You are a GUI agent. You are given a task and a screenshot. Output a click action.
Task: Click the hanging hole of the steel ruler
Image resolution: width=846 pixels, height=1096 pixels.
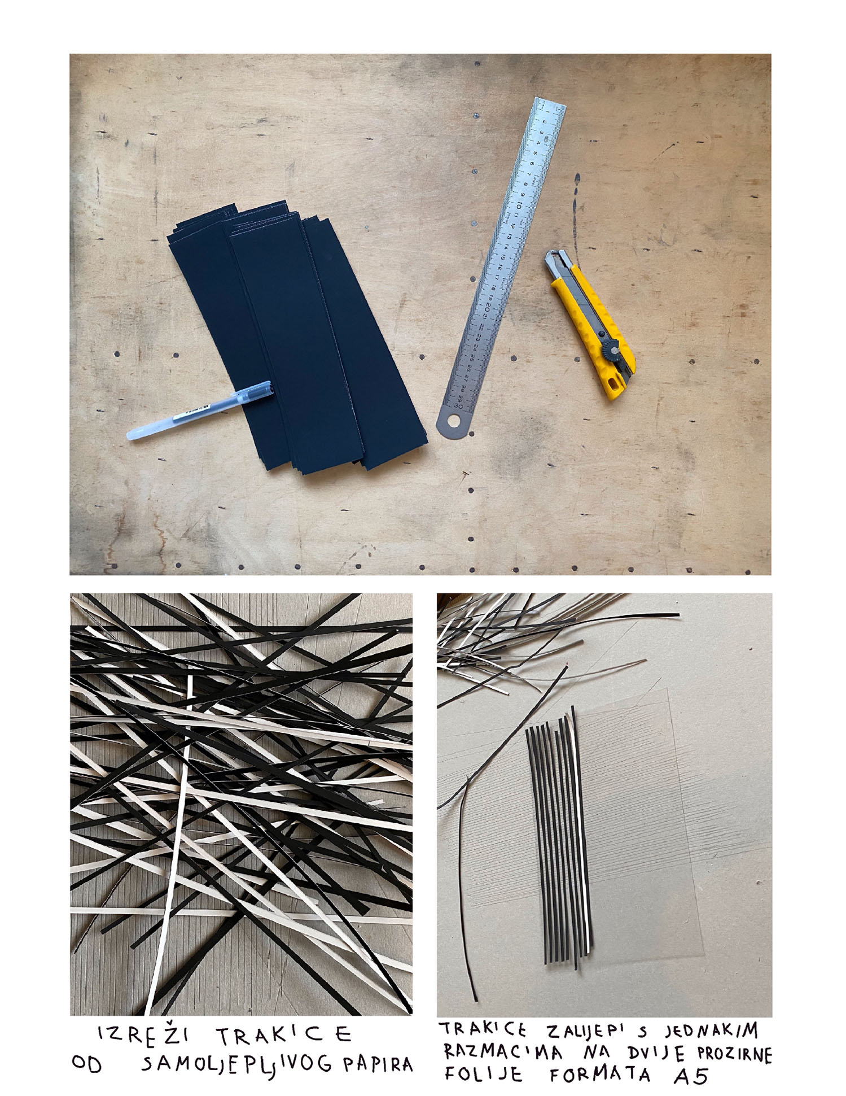(x=453, y=421)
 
